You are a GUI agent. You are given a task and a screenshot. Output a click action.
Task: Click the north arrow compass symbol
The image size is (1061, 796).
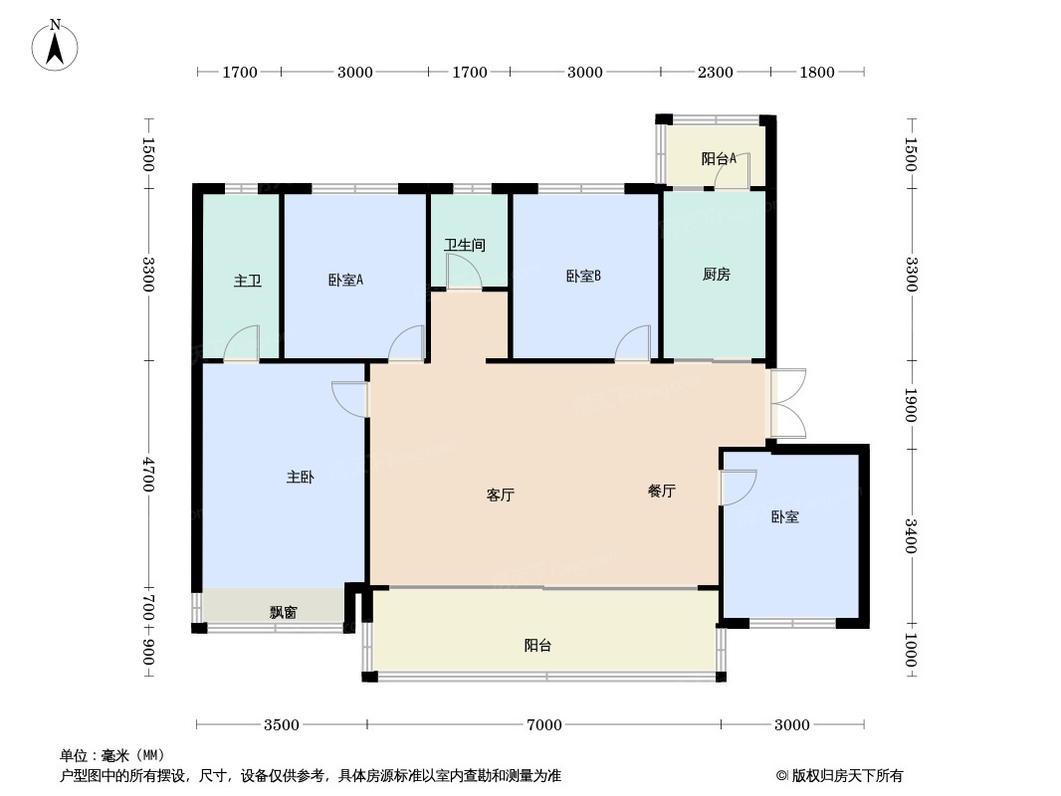click(x=56, y=44)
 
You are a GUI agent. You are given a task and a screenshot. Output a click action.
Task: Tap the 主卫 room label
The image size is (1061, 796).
click(x=248, y=281)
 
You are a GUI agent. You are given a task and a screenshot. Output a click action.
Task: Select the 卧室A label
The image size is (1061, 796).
click(x=345, y=280)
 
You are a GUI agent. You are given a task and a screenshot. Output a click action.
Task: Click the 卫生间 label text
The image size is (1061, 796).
click(x=464, y=245)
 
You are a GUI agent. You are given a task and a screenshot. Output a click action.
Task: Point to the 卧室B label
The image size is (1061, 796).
click(x=583, y=276)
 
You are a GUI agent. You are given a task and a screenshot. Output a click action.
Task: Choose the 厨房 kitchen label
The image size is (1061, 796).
click(x=716, y=275)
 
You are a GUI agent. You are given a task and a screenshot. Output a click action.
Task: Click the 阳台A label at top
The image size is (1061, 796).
click(x=718, y=158)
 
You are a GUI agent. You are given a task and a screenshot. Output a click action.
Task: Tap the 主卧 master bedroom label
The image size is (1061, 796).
click(x=300, y=478)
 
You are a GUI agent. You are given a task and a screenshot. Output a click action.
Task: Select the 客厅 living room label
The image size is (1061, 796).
click(x=500, y=495)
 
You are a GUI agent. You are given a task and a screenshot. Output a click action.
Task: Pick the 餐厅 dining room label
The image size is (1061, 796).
click(x=661, y=491)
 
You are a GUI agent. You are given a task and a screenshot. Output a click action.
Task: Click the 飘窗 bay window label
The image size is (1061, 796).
click(x=283, y=612)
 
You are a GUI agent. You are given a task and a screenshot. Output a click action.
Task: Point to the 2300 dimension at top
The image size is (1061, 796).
click(x=715, y=72)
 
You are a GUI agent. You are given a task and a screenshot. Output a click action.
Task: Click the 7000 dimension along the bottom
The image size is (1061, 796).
click(x=543, y=724)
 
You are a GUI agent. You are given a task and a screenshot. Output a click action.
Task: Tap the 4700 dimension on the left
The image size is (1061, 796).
click(x=148, y=474)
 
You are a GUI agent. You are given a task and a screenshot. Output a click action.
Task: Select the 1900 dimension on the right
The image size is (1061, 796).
click(x=910, y=404)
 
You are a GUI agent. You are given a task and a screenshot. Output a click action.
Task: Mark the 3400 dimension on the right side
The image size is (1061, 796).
click(x=910, y=536)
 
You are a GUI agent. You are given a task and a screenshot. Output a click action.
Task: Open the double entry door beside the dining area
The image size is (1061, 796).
click(x=787, y=403)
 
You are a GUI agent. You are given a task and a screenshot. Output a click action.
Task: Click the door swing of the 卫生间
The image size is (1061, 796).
click(x=464, y=273)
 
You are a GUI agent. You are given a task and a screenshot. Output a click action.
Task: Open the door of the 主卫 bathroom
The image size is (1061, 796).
click(x=242, y=344)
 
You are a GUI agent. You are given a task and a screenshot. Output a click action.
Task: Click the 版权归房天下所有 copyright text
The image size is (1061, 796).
click(x=839, y=776)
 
